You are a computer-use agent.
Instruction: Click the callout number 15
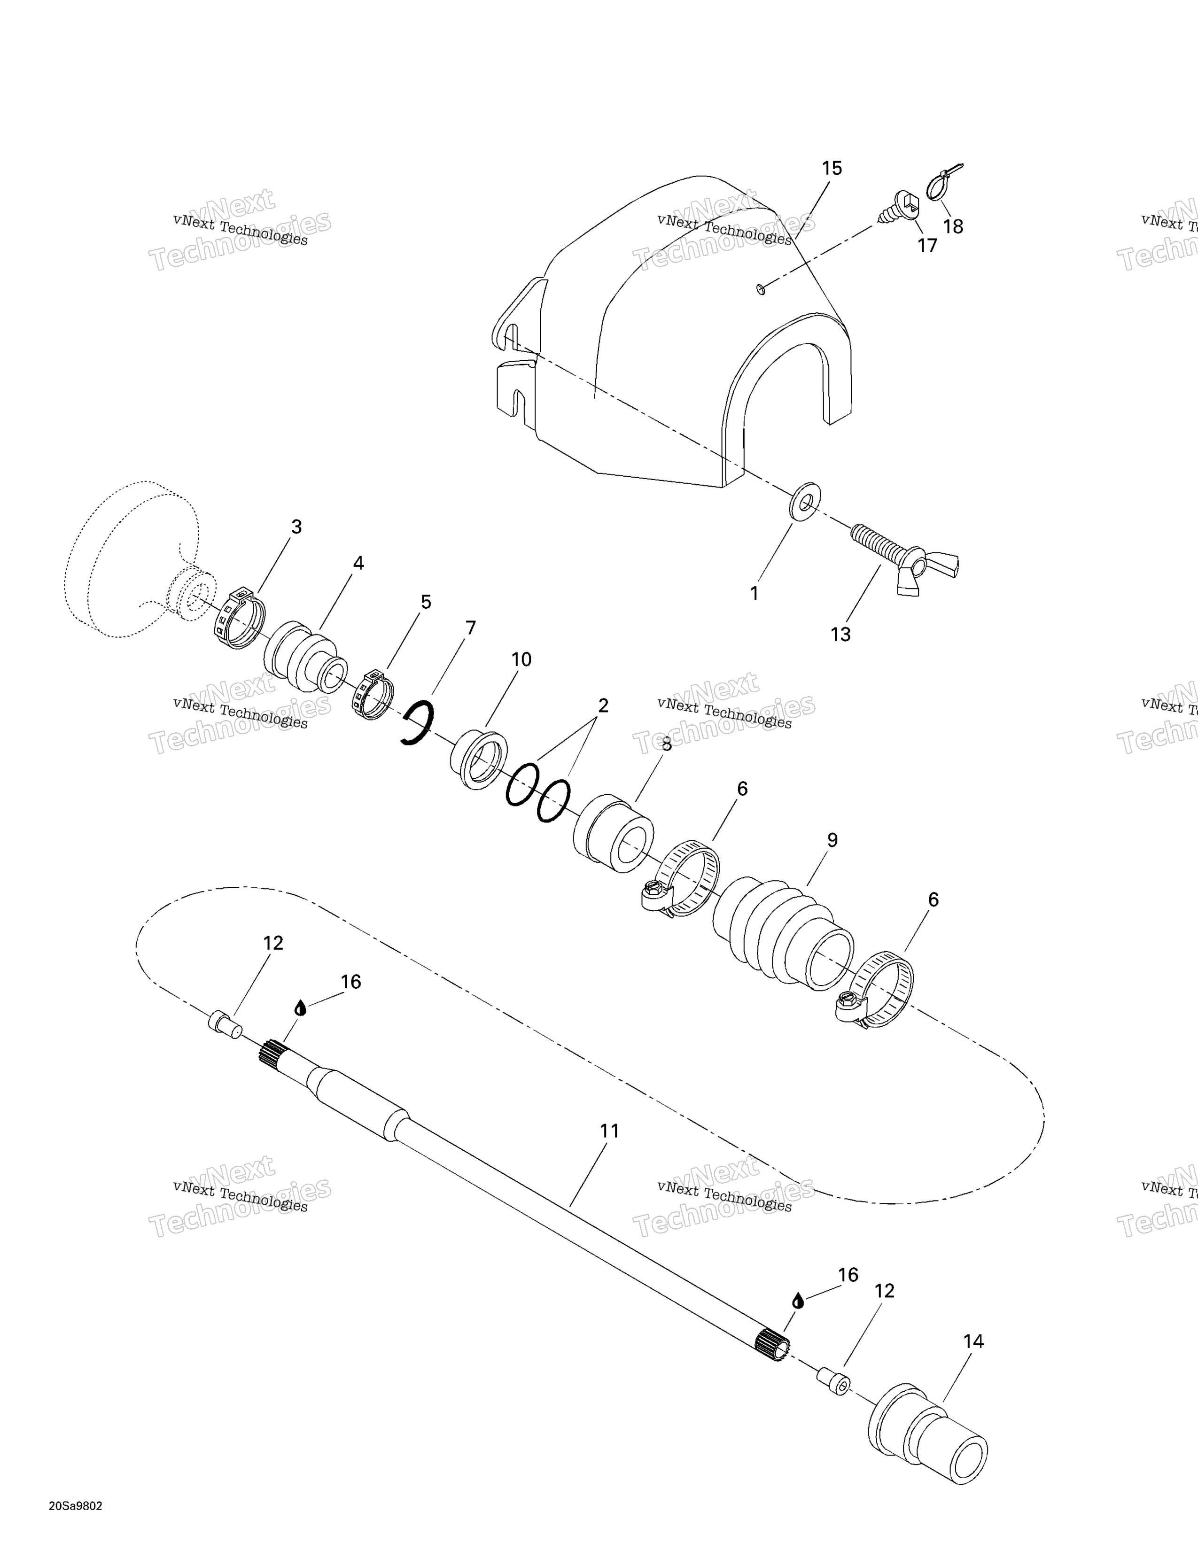(x=831, y=169)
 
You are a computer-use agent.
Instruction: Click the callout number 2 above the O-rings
(x=603, y=705)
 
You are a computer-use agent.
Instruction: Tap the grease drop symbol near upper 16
(x=300, y=1008)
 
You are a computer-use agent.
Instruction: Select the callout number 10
(x=521, y=659)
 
